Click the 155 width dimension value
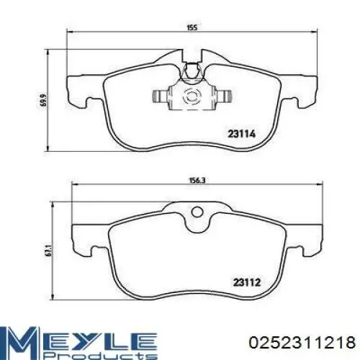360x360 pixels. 192,27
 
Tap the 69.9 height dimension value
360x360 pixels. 43,100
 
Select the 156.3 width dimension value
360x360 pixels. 197,181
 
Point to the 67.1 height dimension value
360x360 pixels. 48,251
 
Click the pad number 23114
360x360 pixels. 242,134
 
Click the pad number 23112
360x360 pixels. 247,282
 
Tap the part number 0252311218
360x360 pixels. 302,342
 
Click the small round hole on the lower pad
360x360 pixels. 197,212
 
